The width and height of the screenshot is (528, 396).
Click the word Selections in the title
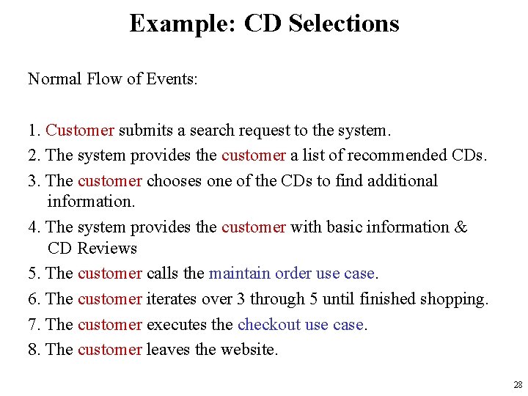pos(344,23)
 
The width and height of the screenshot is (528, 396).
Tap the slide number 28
pos(518,385)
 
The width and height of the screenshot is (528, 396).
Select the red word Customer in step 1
pos(80,131)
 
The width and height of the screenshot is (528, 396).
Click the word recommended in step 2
pos(392,155)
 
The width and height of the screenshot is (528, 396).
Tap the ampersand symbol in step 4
pos(461,227)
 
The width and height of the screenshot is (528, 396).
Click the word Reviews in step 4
pos(107,249)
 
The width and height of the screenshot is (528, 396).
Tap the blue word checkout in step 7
pos(268,324)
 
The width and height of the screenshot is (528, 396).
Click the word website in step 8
pos(249,350)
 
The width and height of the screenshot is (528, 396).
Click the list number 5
pos(33,274)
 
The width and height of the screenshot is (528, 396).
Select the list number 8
pos(33,350)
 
